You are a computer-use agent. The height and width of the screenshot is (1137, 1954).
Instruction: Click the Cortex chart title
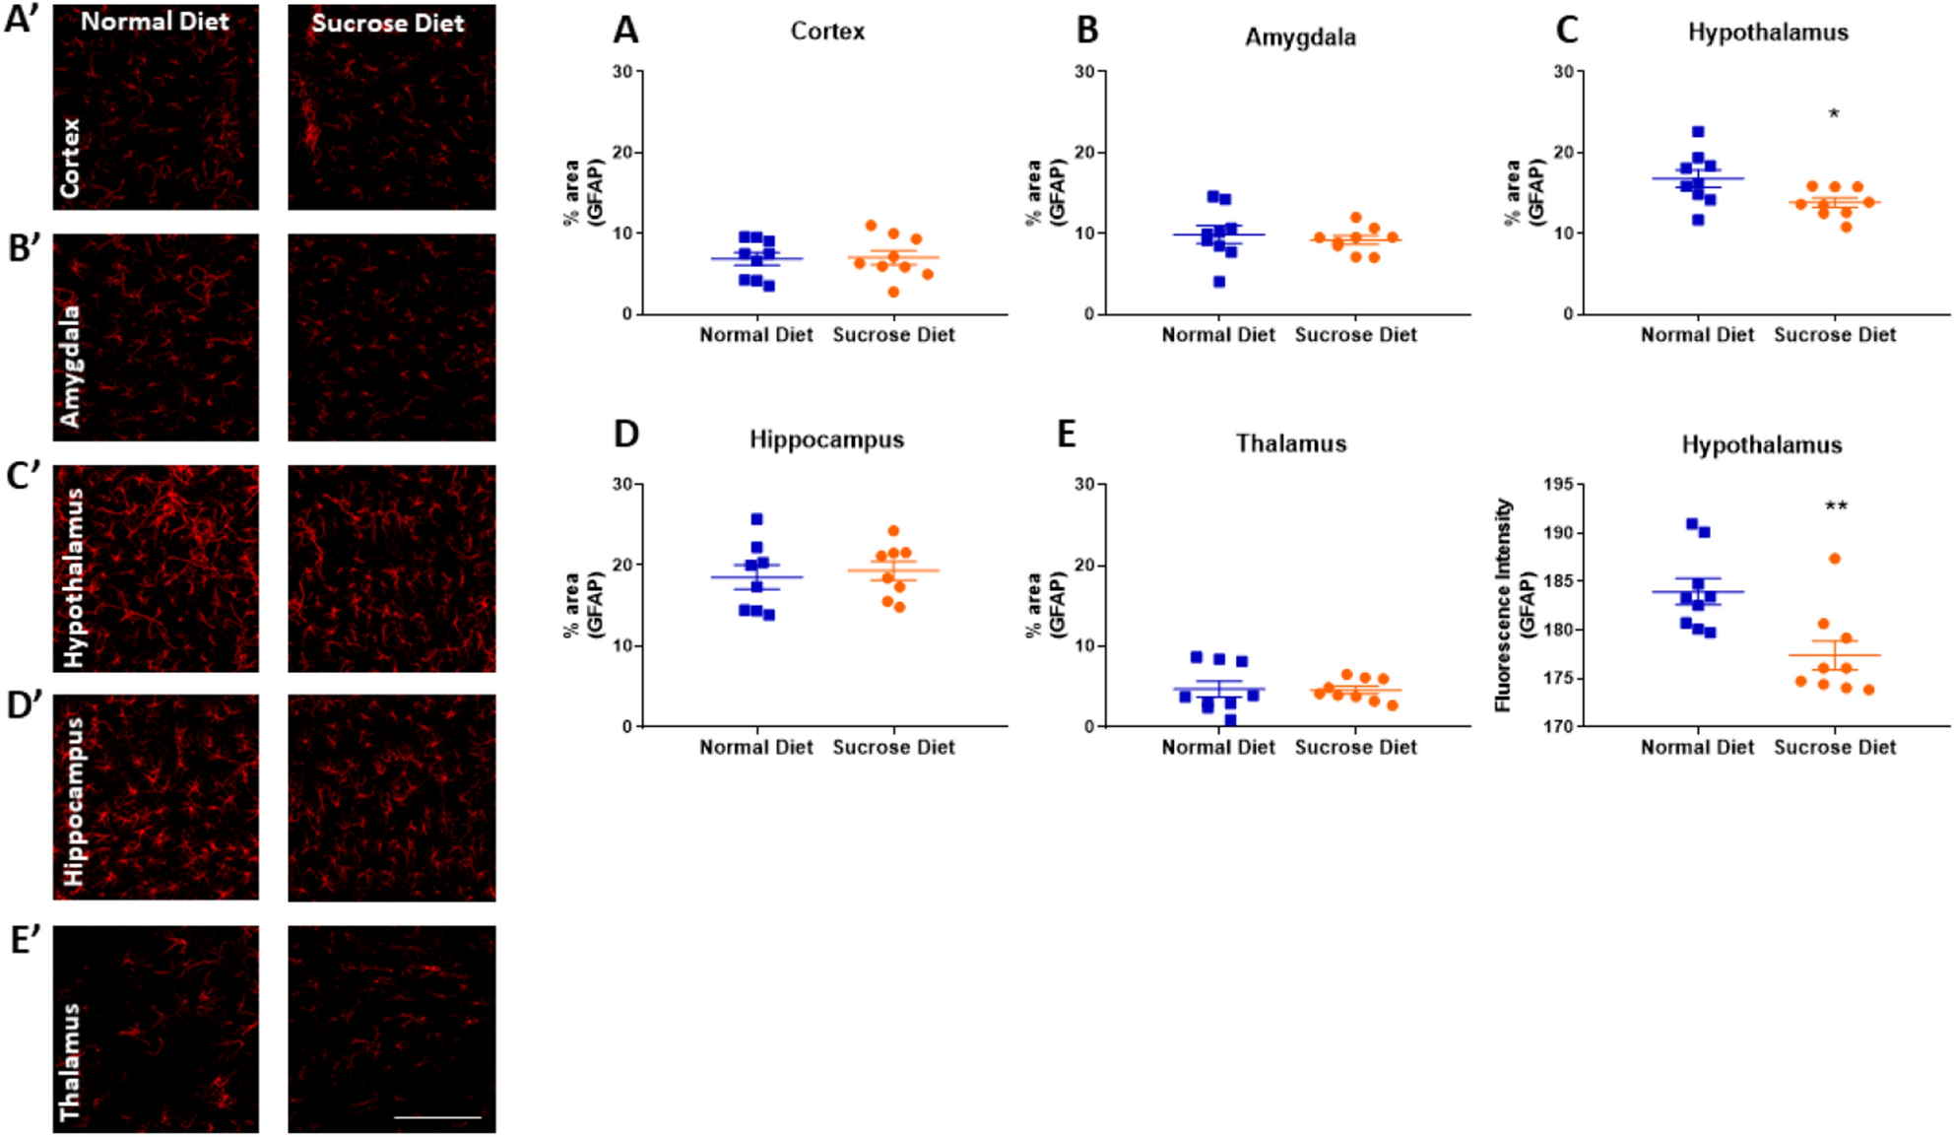[827, 32]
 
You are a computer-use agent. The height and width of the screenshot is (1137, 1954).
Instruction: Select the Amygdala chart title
[1300, 37]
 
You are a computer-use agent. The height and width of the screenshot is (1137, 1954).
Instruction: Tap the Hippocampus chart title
[826, 439]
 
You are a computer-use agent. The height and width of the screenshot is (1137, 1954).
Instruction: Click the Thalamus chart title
[1291, 443]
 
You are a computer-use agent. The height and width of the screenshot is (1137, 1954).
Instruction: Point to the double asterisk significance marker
[1836, 507]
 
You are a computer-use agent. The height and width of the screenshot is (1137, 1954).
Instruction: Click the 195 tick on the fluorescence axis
[1558, 484]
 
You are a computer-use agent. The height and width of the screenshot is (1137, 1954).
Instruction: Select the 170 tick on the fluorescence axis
[1558, 726]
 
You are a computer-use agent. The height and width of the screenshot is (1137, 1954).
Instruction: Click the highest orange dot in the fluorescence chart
[1835, 559]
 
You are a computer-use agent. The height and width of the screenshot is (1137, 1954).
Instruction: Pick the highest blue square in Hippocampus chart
[756, 519]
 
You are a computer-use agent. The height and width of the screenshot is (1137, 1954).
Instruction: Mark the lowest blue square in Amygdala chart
[1219, 282]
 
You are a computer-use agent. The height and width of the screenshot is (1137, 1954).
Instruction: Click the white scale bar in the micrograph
[437, 1117]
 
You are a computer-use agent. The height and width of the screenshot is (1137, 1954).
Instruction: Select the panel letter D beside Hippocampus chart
[626, 434]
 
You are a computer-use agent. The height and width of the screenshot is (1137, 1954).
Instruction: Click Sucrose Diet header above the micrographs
[388, 23]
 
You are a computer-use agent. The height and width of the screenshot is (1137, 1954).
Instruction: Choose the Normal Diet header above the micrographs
[155, 21]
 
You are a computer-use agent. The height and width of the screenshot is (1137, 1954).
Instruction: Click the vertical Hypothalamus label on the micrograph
[73, 577]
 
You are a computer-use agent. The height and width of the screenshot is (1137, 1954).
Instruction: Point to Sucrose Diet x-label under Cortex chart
[893, 335]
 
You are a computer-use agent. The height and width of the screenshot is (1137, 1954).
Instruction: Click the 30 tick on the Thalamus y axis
[1084, 484]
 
